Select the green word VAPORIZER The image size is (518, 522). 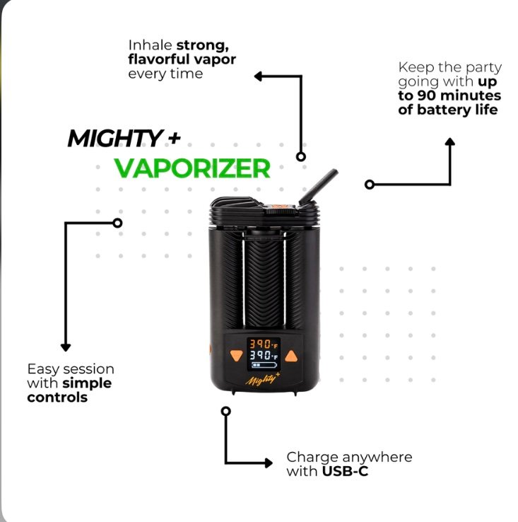[x=192, y=168]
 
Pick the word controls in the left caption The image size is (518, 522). [x=57, y=397]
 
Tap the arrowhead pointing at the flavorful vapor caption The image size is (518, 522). [x=259, y=75]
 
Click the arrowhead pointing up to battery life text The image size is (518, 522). [x=450, y=142]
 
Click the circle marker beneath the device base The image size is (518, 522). [x=225, y=410]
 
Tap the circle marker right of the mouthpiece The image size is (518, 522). [x=369, y=184]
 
